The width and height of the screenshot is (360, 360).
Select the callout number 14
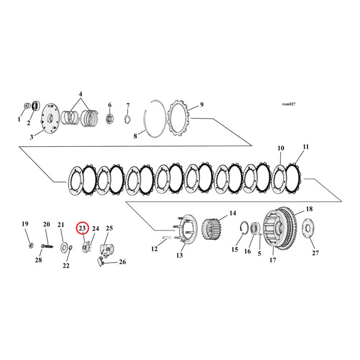[x=233, y=213]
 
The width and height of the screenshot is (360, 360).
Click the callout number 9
[x=202, y=105]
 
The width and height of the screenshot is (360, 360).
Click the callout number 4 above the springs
[x=81, y=94]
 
